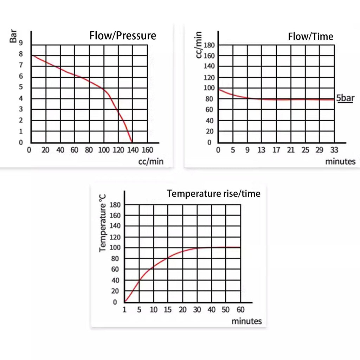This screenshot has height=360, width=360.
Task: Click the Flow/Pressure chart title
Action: click(x=123, y=36)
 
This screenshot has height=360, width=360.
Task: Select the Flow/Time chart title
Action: click(x=310, y=37)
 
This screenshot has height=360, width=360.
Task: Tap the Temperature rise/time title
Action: click(x=213, y=193)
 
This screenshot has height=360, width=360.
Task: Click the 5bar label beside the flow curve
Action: click(x=345, y=98)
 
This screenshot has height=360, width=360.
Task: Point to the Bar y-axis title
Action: click(x=13, y=36)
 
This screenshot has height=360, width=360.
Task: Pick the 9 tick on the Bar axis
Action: click(x=21, y=43)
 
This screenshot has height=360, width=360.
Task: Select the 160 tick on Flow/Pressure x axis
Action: click(x=147, y=150)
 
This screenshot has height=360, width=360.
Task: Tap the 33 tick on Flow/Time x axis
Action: click(x=334, y=150)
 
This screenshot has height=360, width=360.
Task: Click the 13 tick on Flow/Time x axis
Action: click(x=261, y=150)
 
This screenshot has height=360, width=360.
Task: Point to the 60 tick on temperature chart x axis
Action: click(x=240, y=310)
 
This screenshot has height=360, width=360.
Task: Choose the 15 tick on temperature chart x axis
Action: click(x=168, y=310)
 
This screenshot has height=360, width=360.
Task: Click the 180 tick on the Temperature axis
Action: click(x=115, y=205)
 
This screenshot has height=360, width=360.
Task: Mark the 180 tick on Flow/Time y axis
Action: click(x=209, y=45)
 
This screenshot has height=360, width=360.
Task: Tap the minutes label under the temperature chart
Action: click(x=246, y=321)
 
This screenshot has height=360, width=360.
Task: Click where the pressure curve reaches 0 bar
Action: click(x=132, y=142)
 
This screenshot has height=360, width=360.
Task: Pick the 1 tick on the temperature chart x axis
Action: click(x=124, y=310)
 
